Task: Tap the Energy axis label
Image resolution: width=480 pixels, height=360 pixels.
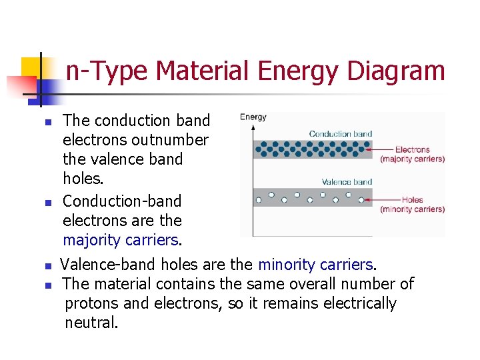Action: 253,117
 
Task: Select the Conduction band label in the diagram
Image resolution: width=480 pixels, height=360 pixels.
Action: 340,133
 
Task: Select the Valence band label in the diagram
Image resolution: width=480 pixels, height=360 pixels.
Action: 347,181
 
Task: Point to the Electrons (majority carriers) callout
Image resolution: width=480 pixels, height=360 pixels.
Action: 412,154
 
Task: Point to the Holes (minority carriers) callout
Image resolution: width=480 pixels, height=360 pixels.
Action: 412,204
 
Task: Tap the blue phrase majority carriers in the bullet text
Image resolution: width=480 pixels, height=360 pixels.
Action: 121,240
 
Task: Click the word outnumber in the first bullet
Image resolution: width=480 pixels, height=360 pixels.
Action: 170,140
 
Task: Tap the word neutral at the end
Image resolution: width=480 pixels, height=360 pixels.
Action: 91,323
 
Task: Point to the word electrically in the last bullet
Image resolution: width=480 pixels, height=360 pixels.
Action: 359,304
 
